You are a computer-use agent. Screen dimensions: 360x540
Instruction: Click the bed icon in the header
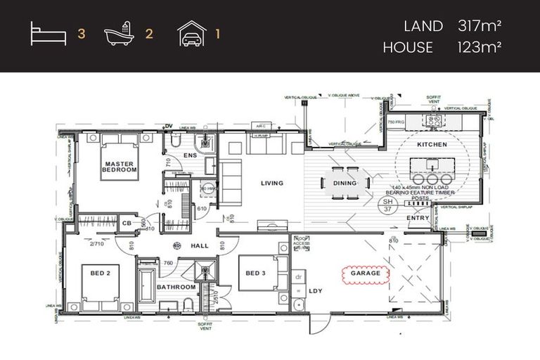click(48, 34)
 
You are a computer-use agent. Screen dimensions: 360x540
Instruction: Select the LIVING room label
click(271, 184)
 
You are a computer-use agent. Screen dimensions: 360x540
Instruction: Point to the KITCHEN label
click(432, 144)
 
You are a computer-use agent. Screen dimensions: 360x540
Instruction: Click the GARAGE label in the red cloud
click(365, 273)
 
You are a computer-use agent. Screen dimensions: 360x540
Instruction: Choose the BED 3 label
click(255, 273)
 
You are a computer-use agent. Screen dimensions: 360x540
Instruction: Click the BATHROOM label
click(176, 287)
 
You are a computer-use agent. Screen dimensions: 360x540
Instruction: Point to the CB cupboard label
click(127, 224)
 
